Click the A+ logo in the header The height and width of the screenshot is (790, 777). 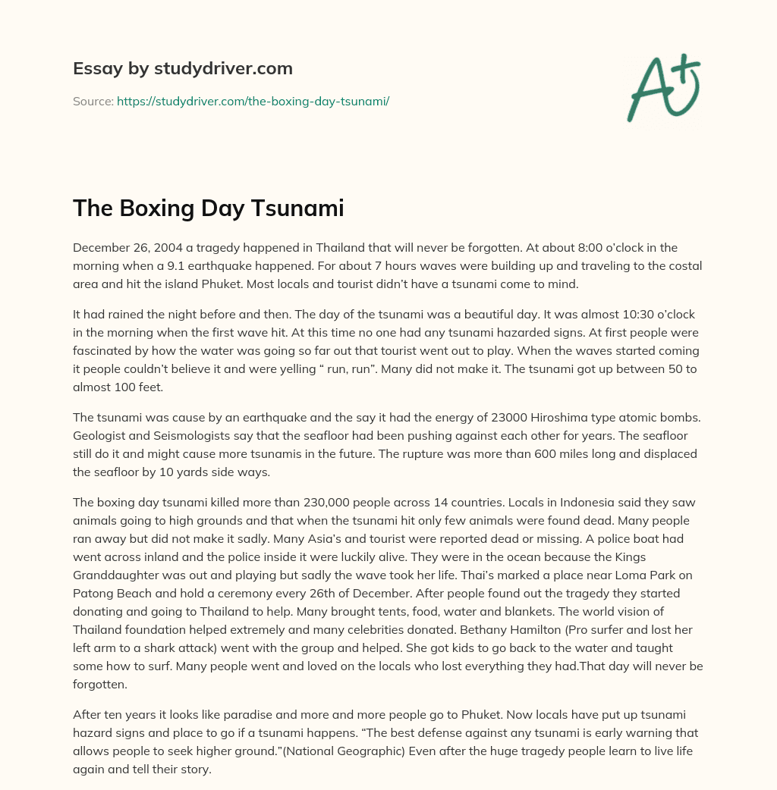point(662,87)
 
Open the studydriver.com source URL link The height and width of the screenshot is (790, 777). point(253,101)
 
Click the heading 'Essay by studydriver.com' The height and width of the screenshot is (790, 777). point(183,68)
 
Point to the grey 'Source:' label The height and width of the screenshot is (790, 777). point(93,101)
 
